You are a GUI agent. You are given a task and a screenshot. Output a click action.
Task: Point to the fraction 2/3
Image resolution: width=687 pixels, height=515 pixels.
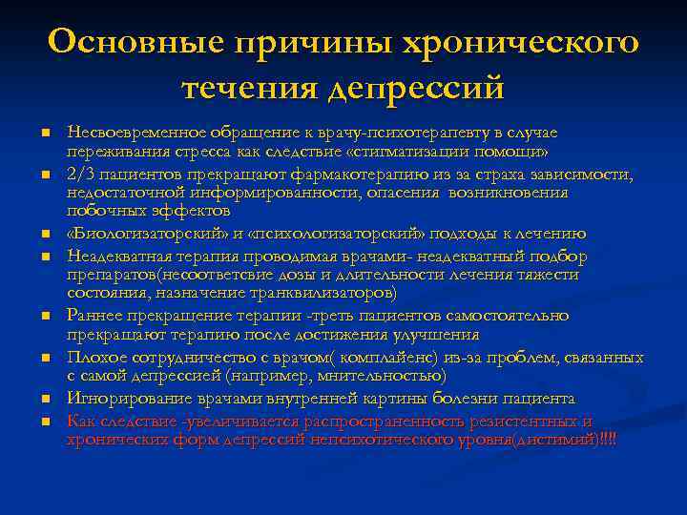(x=79, y=174)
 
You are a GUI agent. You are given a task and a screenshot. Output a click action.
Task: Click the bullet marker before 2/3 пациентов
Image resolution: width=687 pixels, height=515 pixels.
(x=45, y=175)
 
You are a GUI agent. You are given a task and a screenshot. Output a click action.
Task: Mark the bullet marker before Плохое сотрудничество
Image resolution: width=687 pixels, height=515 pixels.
(x=45, y=359)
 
